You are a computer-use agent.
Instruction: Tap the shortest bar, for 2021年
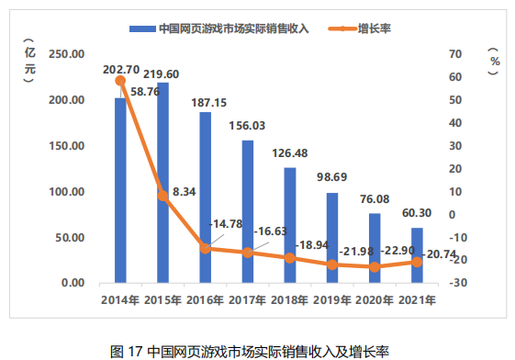pyautogui.click(x=416, y=255)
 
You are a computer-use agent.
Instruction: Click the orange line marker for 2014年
pyautogui.click(x=120, y=81)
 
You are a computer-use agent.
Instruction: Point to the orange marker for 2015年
pyautogui.click(x=162, y=195)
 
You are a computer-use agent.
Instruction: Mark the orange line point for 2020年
pyautogui.click(x=374, y=267)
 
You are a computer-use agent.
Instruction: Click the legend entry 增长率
pyautogui.click(x=375, y=28)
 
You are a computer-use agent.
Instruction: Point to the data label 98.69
pyautogui.click(x=331, y=174)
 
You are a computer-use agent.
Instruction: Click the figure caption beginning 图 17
pyautogui.click(x=250, y=351)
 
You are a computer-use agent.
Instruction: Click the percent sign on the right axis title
pyautogui.click(x=494, y=62)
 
